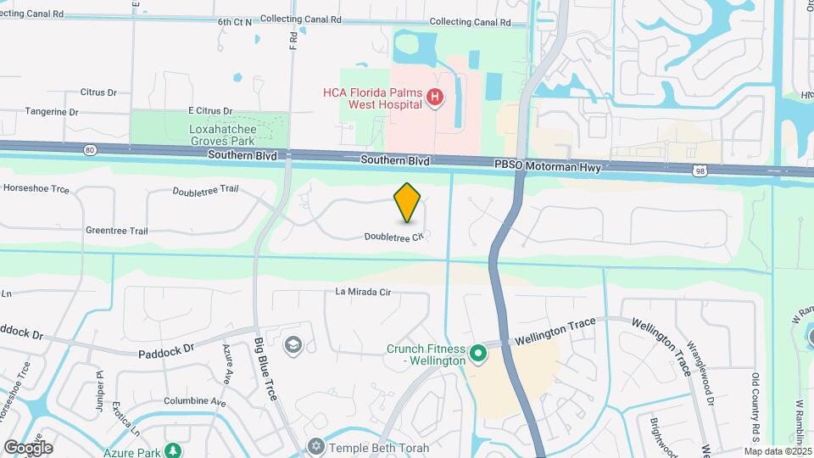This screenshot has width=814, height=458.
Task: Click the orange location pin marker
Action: pos(408,203)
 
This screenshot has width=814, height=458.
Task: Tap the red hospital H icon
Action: pos(435,98)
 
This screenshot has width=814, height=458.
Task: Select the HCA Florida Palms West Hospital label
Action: pos(372,98)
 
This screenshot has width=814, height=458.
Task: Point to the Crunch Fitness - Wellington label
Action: pos(426,355)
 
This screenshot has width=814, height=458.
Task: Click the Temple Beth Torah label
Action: pos(379,448)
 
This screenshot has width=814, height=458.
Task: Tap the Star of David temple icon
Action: pos(316,447)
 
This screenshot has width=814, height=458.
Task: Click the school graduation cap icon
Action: pos(293,344)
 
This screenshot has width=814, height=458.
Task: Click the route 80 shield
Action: pos(90,150)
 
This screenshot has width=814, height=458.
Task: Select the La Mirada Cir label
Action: pos(363,293)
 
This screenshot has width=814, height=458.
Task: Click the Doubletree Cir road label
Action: pos(393,237)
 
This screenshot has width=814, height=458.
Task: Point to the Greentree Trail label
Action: pos(117,231)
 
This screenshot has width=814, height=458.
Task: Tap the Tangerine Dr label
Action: pos(52,111)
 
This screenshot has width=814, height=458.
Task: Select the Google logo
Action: pos(28,448)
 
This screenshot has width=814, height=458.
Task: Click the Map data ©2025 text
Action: pos(778,451)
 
